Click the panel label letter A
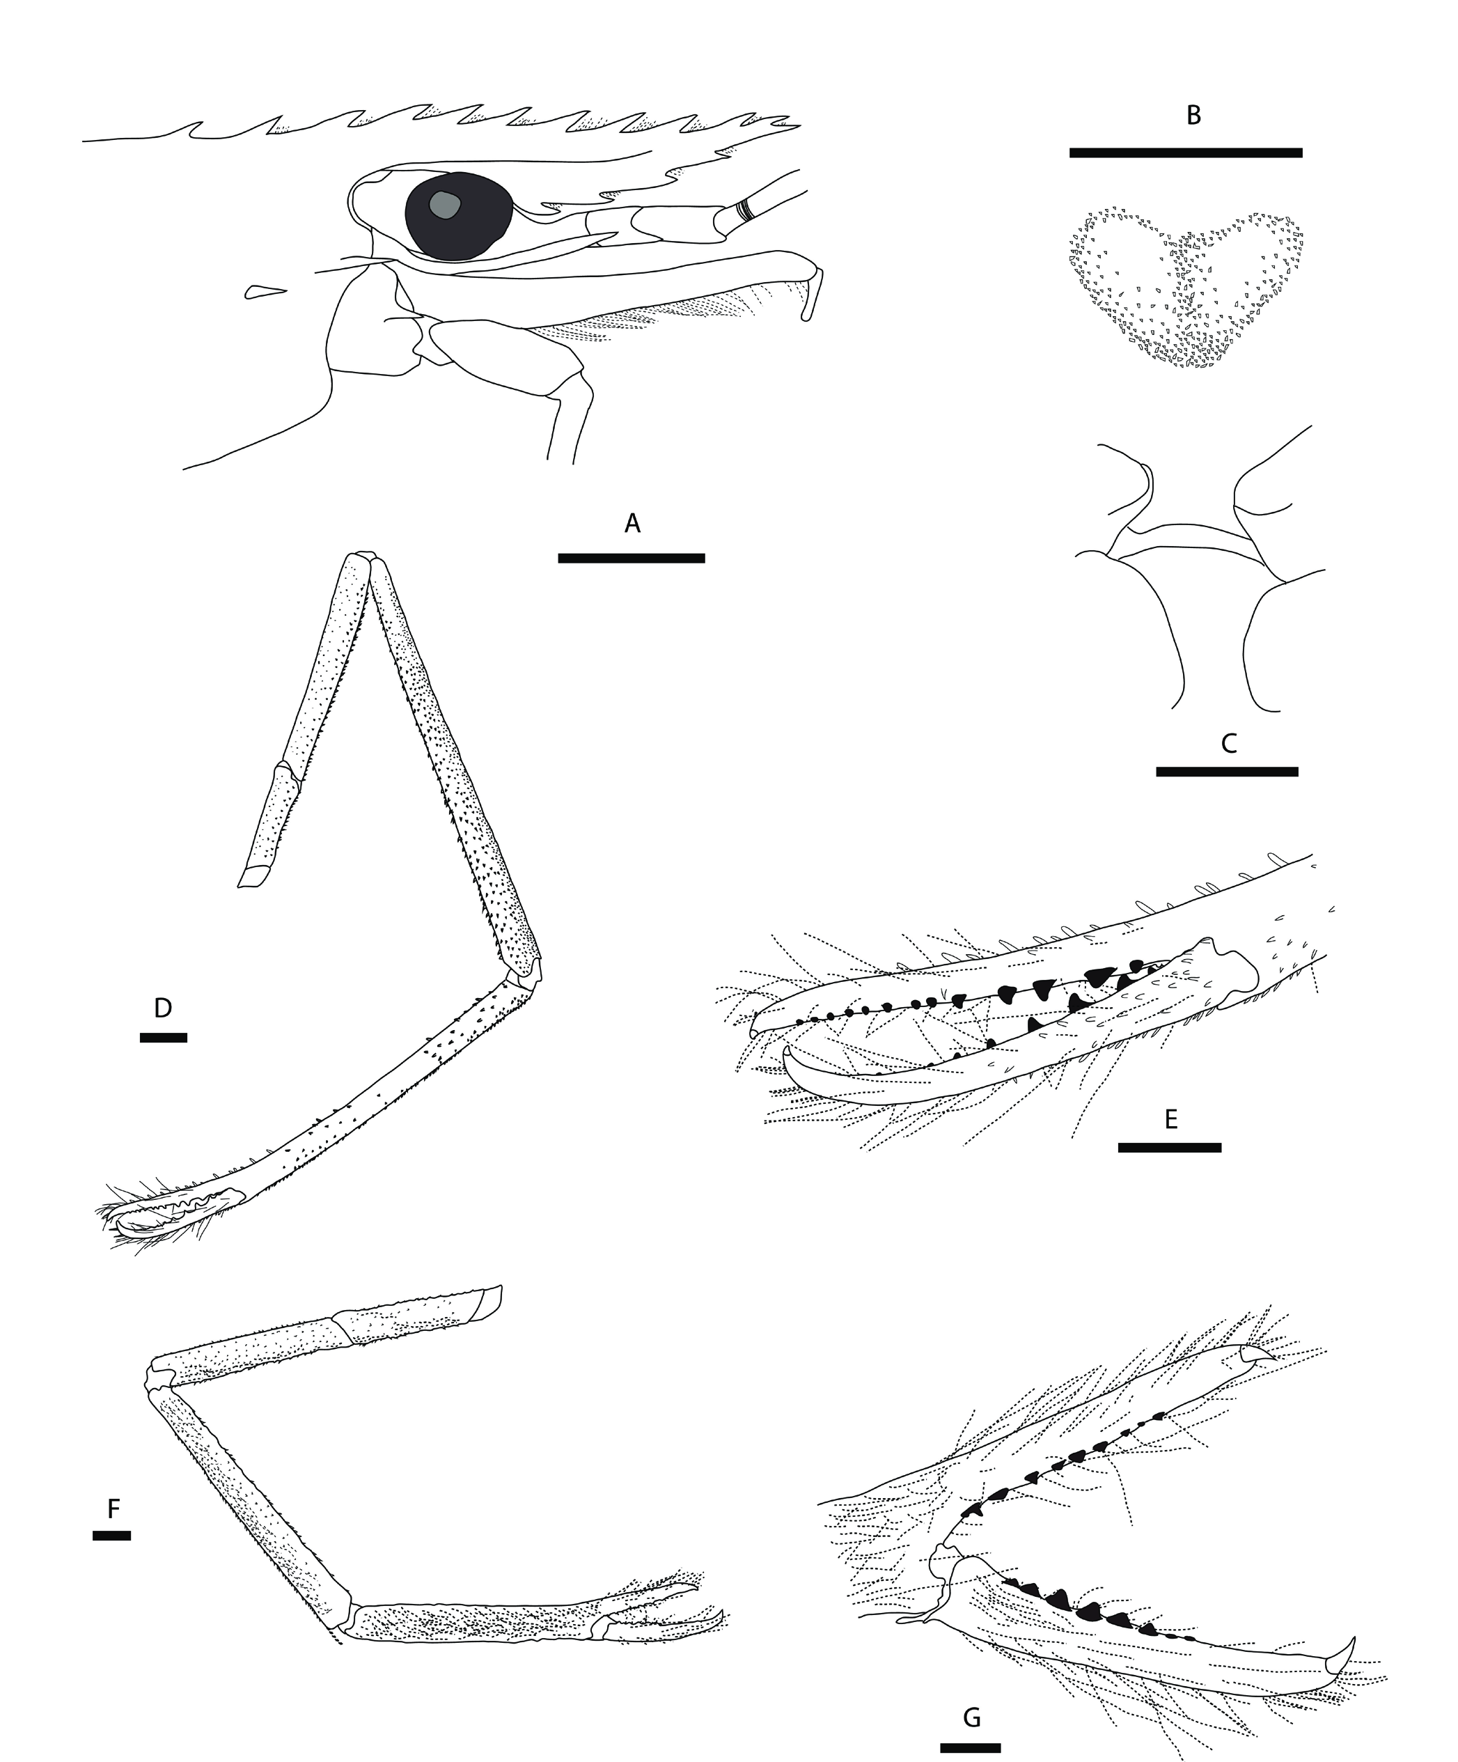point(632,524)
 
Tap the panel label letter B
point(1193,116)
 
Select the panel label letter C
point(1229,742)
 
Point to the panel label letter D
point(163,1008)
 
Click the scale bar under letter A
point(632,558)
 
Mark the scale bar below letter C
point(1228,771)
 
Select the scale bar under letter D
point(164,1038)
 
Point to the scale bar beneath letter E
point(1170,1147)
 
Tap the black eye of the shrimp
point(458,217)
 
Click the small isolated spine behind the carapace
point(266,291)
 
